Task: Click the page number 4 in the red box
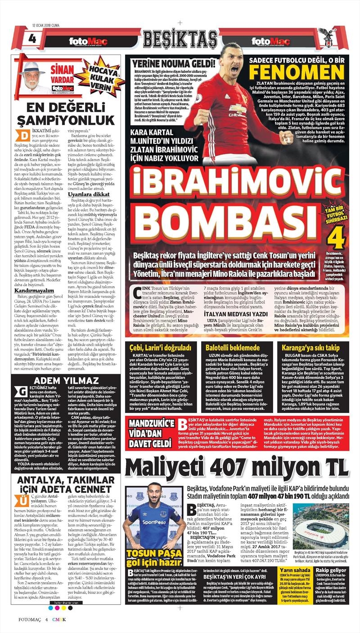31,38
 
